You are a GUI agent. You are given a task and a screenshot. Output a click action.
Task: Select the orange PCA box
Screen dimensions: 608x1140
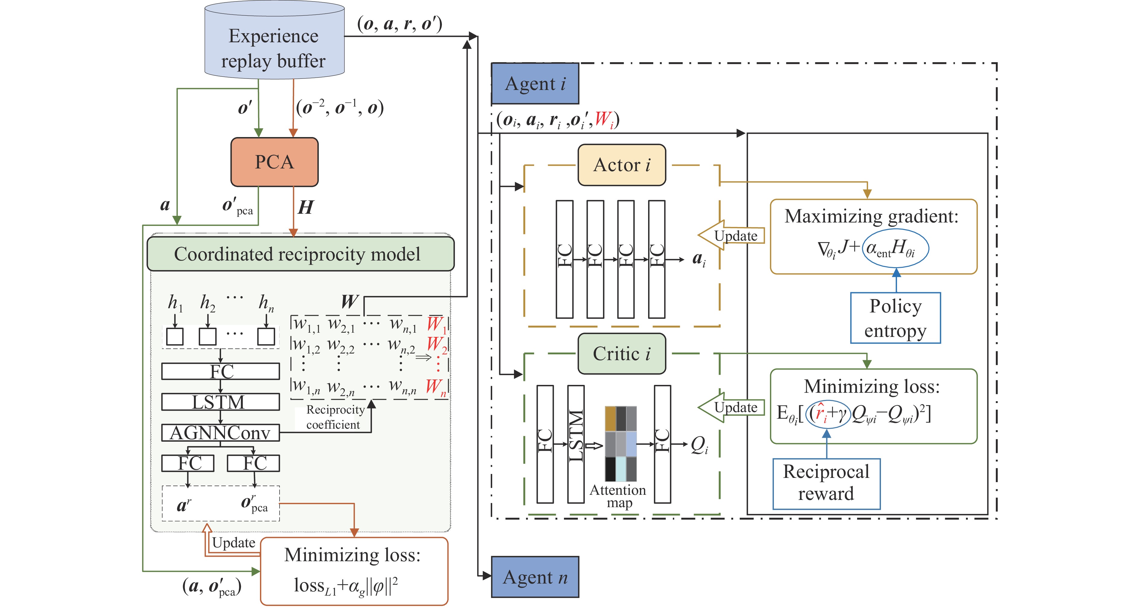[x=274, y=162]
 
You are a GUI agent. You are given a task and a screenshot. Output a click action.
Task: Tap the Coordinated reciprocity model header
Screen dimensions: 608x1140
[x=300, y=254]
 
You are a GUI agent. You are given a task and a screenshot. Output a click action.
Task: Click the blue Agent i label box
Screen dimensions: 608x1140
[x=535, y=84]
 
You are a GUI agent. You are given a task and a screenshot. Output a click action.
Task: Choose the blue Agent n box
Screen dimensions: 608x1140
[x=535, y=577]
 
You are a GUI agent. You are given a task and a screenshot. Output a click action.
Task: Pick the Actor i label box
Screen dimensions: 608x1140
[x=622, y=165]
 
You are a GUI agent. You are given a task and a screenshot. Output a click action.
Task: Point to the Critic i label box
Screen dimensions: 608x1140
[x=622, y=354]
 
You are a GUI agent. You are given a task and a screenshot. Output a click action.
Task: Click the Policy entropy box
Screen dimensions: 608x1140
[x=895, y=318]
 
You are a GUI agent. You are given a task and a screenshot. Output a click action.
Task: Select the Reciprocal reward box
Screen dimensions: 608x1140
[x=826, y=484]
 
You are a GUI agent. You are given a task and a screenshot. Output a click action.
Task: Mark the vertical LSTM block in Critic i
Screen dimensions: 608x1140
[x=576, y=444]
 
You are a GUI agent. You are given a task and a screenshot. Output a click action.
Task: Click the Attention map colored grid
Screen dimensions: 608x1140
[x=620, y=444]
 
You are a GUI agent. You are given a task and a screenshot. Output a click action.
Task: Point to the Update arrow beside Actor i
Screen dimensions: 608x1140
[x=731, y=235]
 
